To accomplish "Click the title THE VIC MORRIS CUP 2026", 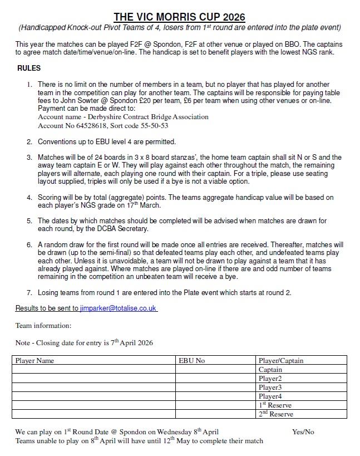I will pos(179,17).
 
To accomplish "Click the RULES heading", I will pos(28,68).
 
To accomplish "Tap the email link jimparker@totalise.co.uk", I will pos(117,308).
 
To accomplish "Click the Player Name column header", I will pos(34,361).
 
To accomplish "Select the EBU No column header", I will pos(192,361).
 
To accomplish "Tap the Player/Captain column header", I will pos(281,361).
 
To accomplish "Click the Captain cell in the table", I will pos(270,370).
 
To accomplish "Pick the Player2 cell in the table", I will pos(270,379).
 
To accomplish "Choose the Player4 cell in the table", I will pos(270,396).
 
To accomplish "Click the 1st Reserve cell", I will pos(275,405).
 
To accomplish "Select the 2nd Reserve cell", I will pos(275,414).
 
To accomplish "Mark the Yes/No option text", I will pos(303,432).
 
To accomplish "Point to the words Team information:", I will pos(43,325).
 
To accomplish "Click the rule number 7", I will pos(29,292).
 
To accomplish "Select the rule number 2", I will pos(29,141).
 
